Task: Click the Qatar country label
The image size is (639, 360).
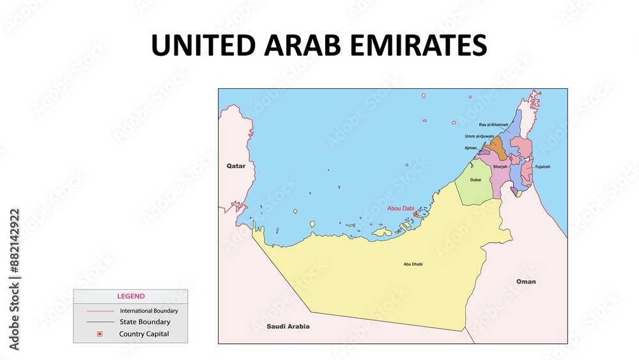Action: pyautogui.click(x=236, y=166)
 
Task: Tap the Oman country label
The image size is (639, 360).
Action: pyautogui.click(x=526, y=281)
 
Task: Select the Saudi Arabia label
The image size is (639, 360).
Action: pyautogui.click(x=288, y=326)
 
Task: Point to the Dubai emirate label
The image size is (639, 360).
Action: pyautogui.click(x=475, y=180)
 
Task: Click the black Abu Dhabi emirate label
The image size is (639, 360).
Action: pyautogui.click(x=413, y=264)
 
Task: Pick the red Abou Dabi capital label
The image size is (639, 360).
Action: pyautogui.click(x=401, y=208)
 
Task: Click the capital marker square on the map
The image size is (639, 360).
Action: pyautogui.click(x=416, y=215)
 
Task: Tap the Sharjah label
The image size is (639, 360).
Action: pyautogui.click(x=500, y=166)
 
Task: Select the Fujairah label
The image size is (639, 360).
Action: pyautogui.click(x=542, y=166)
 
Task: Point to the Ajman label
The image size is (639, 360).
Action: pyautogui.click(x=470, y=148)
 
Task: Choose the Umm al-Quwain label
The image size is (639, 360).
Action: pyautogui.click(x=479, y=136)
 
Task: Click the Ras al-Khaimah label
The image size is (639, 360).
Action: pyautogui.click(x=493, y=125)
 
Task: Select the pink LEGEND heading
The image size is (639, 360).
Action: pyautogui.click(x=130, y=296)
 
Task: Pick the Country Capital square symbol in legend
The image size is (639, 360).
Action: pyautogui.click(x=99, y=334)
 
